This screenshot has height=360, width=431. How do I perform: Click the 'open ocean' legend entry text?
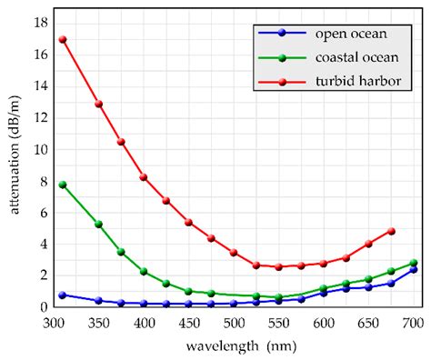pyautogui.click(x=351, y=35)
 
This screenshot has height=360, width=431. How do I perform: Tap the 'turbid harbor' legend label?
pyautogui.click(x=358, y=82)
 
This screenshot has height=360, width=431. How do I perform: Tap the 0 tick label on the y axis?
pyautogui.click(x=41, y=307)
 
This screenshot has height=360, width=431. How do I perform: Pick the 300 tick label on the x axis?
pyautogui.click(x=54, y=323)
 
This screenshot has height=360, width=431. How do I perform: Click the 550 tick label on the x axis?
pyautogui.click(x=278, y=323)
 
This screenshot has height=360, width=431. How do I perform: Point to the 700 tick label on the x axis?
pyautogui.click(x=413, y=323)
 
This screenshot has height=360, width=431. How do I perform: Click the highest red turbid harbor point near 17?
pyautogui.click(x=63, y=40)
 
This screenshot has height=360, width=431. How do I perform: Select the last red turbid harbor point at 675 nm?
pyautogui.click(x=391, y=231)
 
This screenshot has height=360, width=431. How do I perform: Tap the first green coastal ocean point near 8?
pyautogui.click(x=63, y=185)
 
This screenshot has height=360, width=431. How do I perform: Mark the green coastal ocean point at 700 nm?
pyautogui.click(x=414, y=263)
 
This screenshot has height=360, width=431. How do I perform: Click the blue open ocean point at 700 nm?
pyautogui.click(x=414, y=269)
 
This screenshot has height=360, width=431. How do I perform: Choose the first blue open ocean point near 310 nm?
pyautogui.click(x=63, y=295)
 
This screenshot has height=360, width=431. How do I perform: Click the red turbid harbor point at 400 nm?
pyautogui.click(x=144, y=177)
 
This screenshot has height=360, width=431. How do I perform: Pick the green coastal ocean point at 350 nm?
pyautogui.click(x=98, y=225)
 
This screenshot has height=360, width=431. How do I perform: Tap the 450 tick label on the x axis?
pyautogui.click(x=188, y=323)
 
